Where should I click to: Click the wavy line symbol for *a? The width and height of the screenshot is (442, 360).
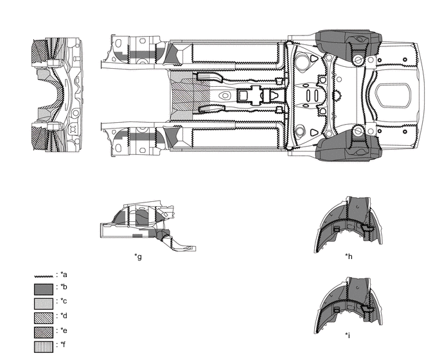point(43,275)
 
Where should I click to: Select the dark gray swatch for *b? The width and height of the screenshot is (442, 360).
point(43,289)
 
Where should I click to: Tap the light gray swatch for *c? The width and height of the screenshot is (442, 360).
point(43,303)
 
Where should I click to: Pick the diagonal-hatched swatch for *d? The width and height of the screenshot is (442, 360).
point(43,318)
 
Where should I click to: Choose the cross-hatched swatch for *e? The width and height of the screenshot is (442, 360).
point(43,332)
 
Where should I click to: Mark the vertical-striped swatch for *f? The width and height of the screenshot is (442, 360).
point(43,346)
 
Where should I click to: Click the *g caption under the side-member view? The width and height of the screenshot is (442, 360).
point(138,257)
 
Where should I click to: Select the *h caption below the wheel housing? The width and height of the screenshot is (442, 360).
point(348,257)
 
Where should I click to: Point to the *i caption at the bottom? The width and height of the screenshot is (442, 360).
point(348,335)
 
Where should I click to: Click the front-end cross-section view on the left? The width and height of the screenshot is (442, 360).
point(57,96)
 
